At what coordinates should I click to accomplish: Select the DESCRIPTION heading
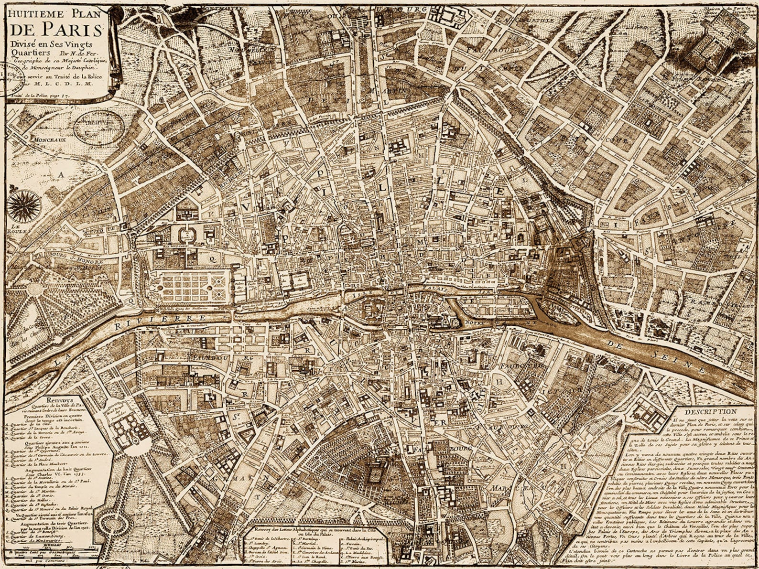point(710,411)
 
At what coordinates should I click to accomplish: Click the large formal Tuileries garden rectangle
point(194,287)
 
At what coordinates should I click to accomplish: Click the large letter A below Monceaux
point(61,175)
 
